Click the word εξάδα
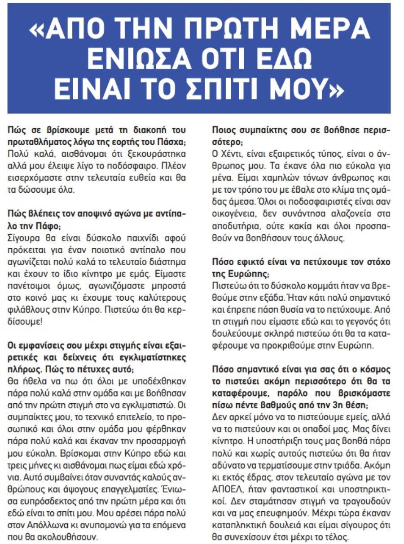click(279, 296)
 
